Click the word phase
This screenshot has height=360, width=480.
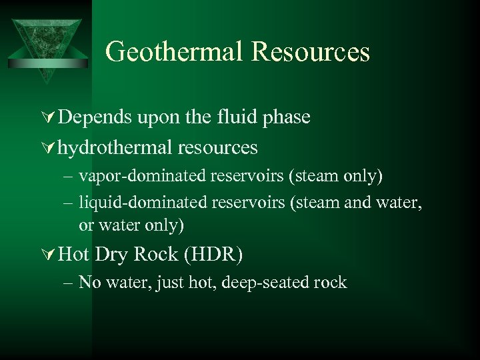click(x=287, y=117)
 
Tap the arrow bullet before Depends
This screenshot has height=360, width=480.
click(x=49, y=118)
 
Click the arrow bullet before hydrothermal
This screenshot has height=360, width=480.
click(x=49, y=147)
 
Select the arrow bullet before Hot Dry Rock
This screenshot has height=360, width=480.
click(x=49, y=255)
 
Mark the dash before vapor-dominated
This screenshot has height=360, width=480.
click(x=69, y=177)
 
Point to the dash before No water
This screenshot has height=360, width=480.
click(x=69, y=283)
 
